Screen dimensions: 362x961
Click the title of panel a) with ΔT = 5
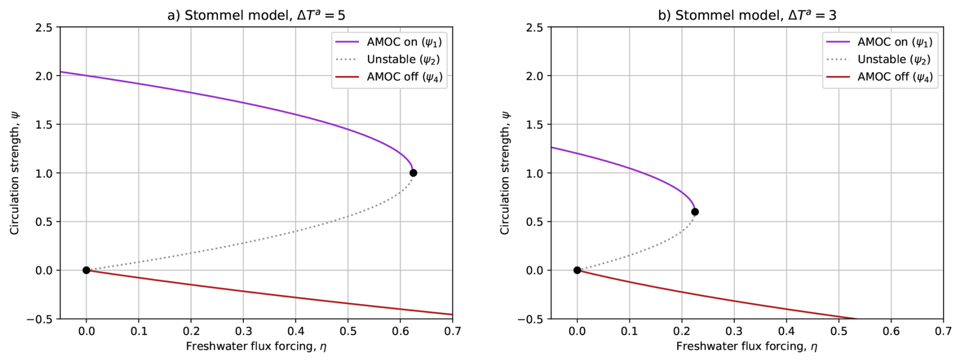256,15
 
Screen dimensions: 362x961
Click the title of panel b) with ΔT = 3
747,15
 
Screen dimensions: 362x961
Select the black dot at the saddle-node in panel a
413,173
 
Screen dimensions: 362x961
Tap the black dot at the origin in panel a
86,270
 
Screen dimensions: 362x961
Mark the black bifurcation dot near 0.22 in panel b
695,212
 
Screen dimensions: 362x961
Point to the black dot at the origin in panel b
577,270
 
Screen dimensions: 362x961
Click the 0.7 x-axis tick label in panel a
453,332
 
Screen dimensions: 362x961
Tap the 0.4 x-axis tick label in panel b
786,332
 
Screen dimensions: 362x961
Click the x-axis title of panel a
256,347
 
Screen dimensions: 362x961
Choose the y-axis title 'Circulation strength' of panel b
505,173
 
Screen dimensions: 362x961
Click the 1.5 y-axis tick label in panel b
535,125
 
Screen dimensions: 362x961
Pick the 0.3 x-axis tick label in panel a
243,332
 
